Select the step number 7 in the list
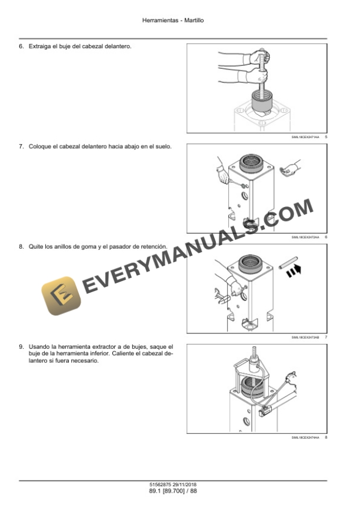pos(22,147)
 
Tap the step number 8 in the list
pos(22,247)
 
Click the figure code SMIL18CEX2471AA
pos(305,137)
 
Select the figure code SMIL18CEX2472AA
pos(305,237)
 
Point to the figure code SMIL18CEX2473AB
pos(305,337)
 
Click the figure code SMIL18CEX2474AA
pos(305,437)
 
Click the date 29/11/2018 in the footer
pos(186,484)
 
